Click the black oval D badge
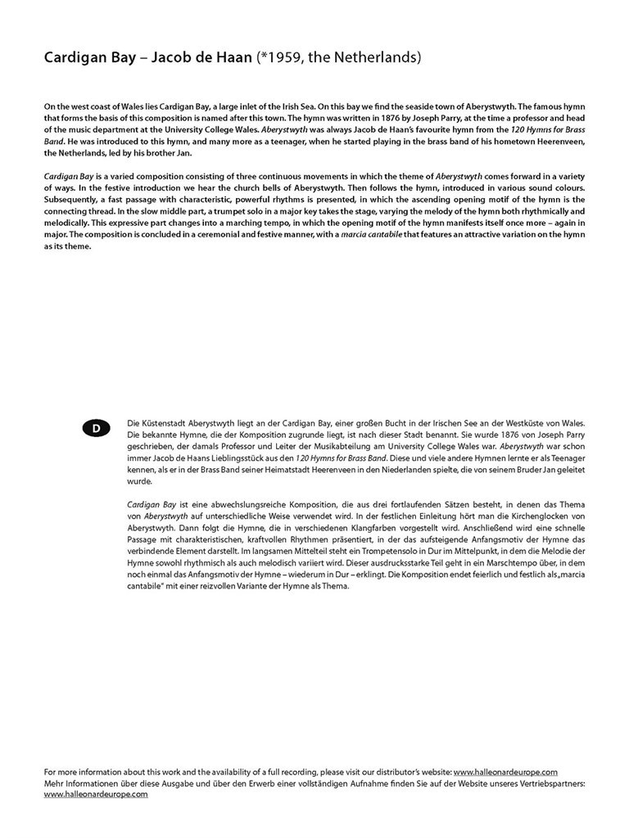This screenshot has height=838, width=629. click(x=96, y=429)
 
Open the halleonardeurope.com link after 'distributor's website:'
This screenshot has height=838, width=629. click(x=505, y=772)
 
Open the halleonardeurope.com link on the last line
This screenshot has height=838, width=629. click(x=96, y=795)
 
